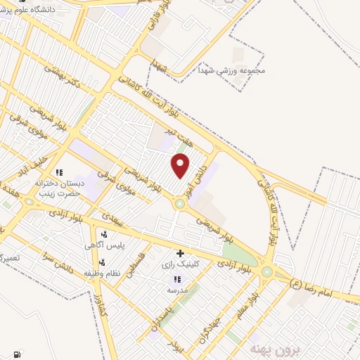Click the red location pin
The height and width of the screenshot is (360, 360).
click(x=181, y=165)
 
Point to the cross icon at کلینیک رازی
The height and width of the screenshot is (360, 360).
click(x=181, y=253)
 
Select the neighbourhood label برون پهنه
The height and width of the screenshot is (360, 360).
click(x=268, y=347)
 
